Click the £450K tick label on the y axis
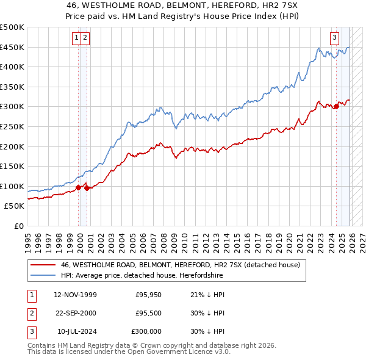pos(12,47)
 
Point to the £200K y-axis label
pos(12,146)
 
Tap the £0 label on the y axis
pos(18,226)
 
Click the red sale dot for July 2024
pos(336,107)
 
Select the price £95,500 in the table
pos(148,314)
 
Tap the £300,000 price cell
pos(146,332)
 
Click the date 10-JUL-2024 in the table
pos(76,332)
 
